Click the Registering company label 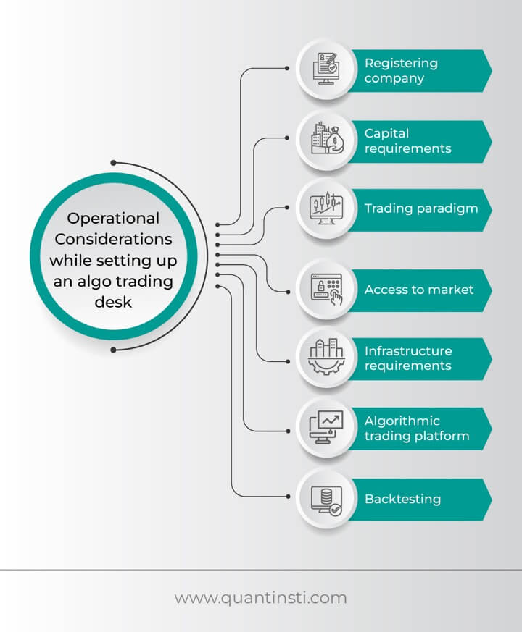(401, 70)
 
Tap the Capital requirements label (407, 140)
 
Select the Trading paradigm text (420, 208)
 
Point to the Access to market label (418, 290)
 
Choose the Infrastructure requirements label (407, 358)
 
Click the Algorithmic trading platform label (416, 429)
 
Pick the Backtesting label (402, 499)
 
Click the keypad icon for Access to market (326, 290)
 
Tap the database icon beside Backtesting (326, 499)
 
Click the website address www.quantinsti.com (260, 598)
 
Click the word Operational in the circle (112, 219)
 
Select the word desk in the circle (113, 301)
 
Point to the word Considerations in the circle (112, 239)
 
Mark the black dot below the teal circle (113, 350)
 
